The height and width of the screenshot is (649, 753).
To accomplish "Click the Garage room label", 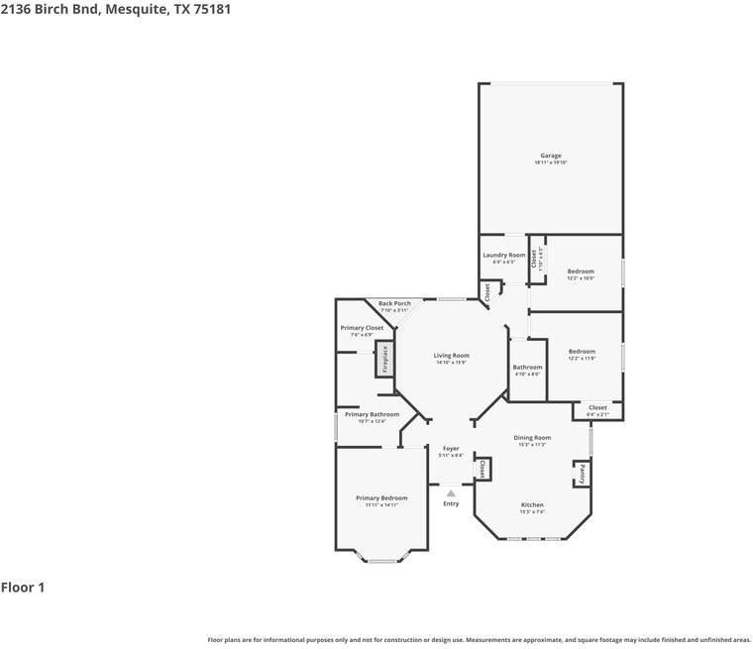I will [551, 156].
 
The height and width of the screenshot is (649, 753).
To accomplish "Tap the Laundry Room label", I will [504, 256].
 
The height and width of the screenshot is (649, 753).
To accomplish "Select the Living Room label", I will [451, 356].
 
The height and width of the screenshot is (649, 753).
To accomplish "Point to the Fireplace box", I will [384, 359].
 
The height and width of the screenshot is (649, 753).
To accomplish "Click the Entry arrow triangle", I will [451, 492].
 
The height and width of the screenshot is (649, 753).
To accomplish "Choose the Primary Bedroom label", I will [381, 498].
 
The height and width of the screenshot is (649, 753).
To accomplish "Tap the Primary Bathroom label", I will [372, 415].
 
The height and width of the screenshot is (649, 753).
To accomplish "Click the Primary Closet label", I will [362, 328].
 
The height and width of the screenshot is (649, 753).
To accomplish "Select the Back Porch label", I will [394, 304].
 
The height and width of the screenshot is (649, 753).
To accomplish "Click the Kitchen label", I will [532, 505].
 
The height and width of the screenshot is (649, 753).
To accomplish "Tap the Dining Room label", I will [532, 438].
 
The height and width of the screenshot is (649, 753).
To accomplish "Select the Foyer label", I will [451, 449].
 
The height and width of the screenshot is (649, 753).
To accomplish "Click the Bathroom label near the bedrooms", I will [527, 368].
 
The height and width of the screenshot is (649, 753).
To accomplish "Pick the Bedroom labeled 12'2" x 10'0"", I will [581, 271].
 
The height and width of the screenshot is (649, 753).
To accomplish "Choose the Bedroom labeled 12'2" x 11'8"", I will [582, 352].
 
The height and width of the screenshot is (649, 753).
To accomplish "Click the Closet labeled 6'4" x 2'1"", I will [597, 408].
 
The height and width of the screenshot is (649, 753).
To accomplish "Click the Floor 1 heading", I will [23, 588].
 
